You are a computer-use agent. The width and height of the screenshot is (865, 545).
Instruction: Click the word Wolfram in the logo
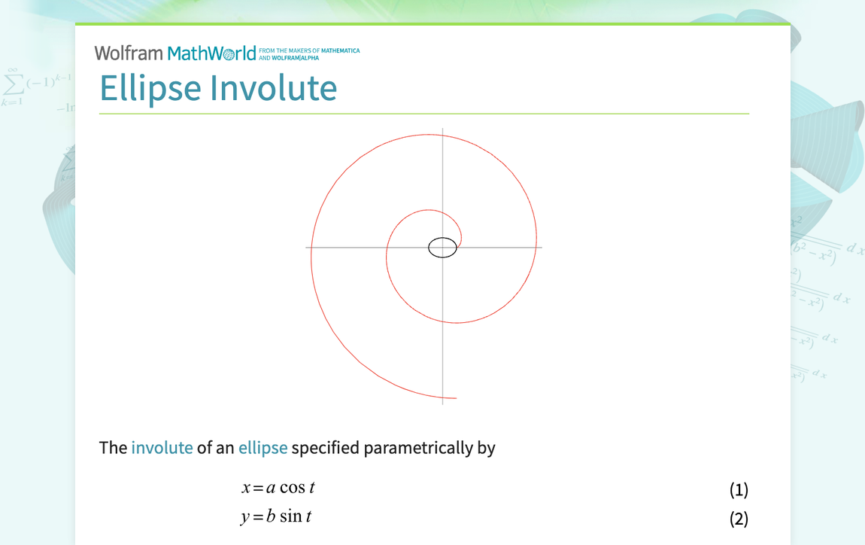(128, 53)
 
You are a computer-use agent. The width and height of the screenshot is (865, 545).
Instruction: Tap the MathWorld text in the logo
(211, 53)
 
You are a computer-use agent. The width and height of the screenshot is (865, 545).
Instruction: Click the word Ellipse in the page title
(150, 87)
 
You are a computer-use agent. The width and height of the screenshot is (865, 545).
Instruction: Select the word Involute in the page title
(273, 87)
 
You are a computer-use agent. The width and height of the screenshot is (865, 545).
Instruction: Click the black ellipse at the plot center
(442, 247)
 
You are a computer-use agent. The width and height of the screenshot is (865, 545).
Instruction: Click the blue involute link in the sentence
(162, 448)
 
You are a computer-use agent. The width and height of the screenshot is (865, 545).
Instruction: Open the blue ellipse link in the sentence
(263, 448)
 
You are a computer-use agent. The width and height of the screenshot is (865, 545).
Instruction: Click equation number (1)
(739, 490)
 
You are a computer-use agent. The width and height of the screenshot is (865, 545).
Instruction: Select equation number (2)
(739, 519)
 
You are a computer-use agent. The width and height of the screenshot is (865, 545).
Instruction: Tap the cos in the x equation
(292, 488)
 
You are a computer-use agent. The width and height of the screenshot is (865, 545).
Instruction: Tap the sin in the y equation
(290, 516)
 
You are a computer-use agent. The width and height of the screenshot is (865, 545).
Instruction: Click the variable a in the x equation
(271, 489)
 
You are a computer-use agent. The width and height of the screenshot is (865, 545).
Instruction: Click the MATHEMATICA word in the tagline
(341, 51)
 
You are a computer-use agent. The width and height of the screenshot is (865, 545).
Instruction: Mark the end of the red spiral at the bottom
(456, 397)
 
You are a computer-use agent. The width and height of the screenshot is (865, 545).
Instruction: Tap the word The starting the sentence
(113, 448)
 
